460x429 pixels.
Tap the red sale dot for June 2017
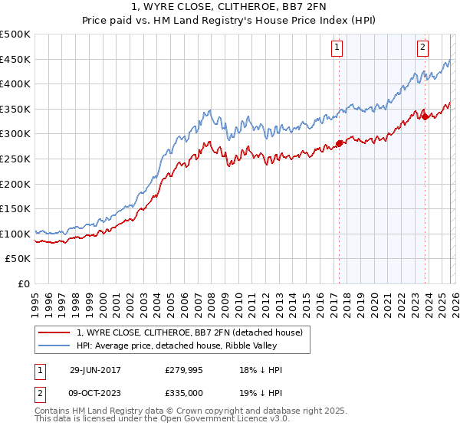[339, 143]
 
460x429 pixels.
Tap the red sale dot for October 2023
[425, 116]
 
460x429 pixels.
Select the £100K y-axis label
[16, 234]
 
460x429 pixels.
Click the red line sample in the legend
[54, 332]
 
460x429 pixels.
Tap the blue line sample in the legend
[54, 345]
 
